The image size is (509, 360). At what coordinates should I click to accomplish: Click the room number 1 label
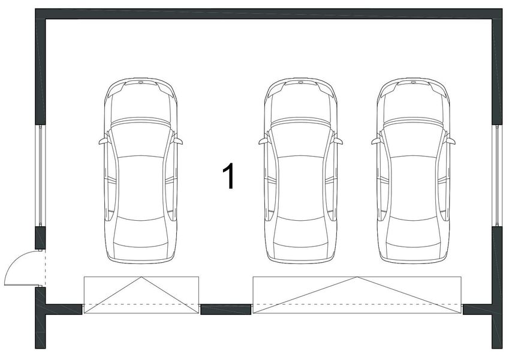pos(228,176)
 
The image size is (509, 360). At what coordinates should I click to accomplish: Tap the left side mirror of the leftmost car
pos(103,142)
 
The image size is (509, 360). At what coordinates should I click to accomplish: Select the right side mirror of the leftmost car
pos(178,142)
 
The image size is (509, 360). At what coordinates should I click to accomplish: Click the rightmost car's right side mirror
pos(451,142)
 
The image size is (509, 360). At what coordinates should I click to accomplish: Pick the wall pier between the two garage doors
pos(225,310)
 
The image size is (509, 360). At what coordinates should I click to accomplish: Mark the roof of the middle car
pos(300,186)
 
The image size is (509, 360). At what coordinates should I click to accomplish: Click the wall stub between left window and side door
pos(40,238)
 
